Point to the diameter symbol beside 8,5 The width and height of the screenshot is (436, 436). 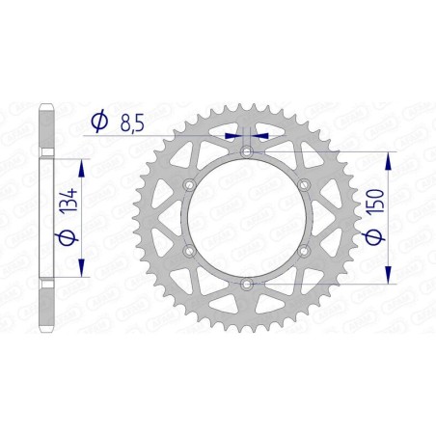point(98,122)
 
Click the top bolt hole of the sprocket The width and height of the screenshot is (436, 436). point(247,151)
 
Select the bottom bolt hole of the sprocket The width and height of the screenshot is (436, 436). point(247,283)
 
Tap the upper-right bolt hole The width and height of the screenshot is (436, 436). point(304,184)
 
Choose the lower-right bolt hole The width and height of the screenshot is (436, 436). point(304,250)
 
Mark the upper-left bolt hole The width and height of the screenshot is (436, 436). point(190,184)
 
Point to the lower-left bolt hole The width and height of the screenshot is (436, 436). point(190,250)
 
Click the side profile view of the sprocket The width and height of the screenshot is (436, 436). point(45,217)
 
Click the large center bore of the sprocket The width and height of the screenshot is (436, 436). point(247,217)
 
